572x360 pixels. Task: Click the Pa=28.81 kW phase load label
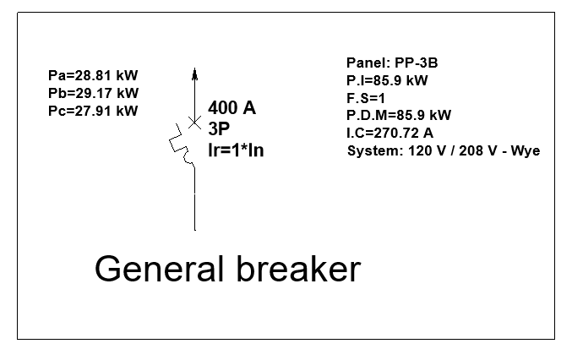(x=93, y=76)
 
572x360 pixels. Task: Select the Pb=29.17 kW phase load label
(x=93, y=93)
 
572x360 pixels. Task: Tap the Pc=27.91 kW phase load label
(x=93, y=110)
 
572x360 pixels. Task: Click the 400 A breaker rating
(x=232, y=108)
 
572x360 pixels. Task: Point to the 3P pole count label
(x=220, y=129)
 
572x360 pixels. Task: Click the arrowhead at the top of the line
(x=194, y=74)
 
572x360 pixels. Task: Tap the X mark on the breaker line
(x=194, y=123)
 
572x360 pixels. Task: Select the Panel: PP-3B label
(x=392, y=63)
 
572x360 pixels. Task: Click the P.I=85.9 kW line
(x=387, y=81)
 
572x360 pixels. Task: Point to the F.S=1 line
(x=365, y=98)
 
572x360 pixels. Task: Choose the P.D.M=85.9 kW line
(x=399, y=115)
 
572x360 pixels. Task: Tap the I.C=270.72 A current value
(x=390, y=133)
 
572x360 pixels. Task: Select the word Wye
(x=526, y=151)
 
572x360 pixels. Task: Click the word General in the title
(x=159, y=270)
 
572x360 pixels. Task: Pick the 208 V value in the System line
(x=476, y=151)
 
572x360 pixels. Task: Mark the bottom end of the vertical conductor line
(x=195, y=229)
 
